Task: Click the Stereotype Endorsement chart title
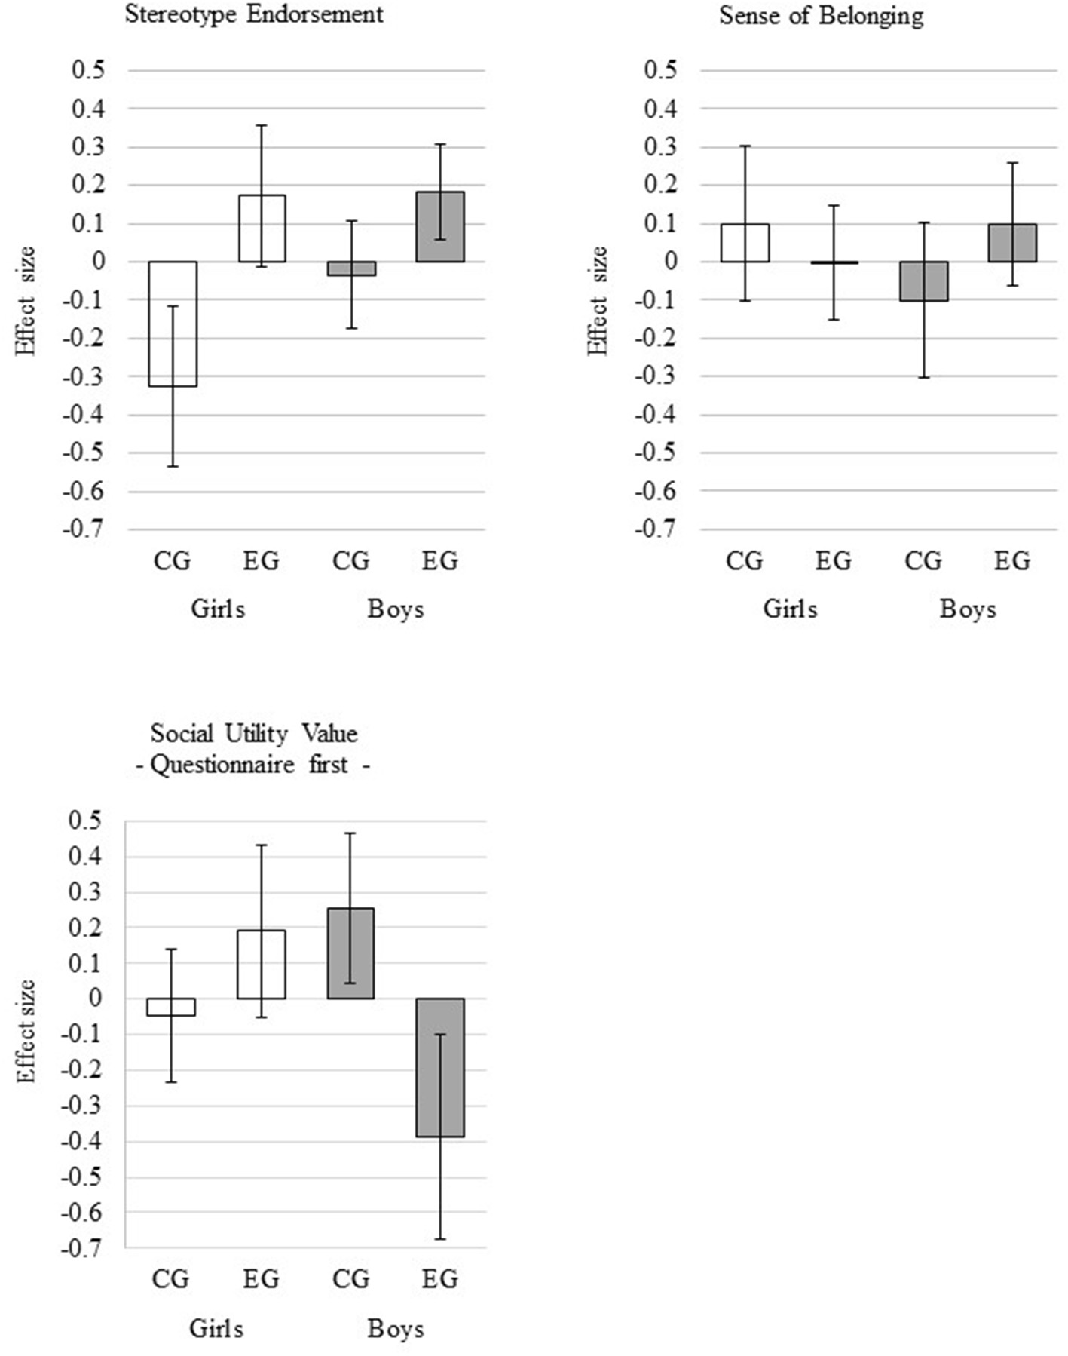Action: [x=254, y=14]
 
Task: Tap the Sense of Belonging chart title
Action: [x=821, y=15]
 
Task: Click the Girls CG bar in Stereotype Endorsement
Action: [x=173, y=324]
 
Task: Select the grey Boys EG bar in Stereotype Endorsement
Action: [x=441, y=226]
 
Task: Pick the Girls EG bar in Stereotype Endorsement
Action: [x=262, y=229]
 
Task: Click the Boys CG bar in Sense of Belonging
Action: [x=924, y=281]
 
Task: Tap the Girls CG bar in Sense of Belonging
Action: [x=745, y=243]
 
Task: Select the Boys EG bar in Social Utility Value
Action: [x=440, y=1067]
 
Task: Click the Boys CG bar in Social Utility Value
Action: [x=351, y=953]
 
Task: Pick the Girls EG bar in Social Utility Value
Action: [x=262, y=964]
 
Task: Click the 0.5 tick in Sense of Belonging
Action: [x=660, y=71]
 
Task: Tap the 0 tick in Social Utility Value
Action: [x=94, y=999]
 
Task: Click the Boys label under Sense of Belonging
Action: [x=968, y=609]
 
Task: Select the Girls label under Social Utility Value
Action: [x=216, y=1328]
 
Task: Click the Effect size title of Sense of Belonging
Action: [x=598, y=301]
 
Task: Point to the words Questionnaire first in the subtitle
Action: [x=249, y=764]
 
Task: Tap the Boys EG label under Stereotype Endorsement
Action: [x=440, y=561]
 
